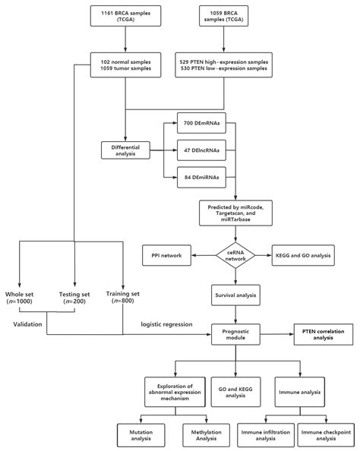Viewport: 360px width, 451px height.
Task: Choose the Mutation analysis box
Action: (x=137, y=434)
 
